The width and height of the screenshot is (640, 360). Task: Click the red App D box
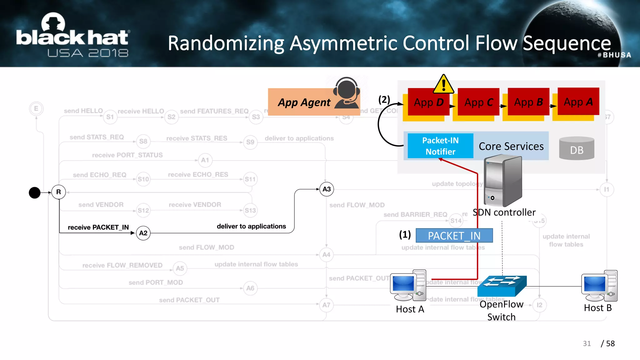tap(428, 102)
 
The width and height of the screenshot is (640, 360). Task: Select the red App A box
tap(578, 102)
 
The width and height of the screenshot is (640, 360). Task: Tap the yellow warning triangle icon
tap(443, 85)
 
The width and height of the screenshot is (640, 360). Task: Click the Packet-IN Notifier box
tap(440, 146)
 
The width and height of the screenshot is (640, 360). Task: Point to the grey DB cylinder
tap(577, 148)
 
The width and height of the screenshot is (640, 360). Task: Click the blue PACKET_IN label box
tap(454, 236)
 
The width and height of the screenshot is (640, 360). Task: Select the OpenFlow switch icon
tap(502, 286)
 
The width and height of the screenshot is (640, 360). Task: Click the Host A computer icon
tap(408, 285)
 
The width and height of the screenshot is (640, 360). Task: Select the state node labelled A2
tap(143, 233)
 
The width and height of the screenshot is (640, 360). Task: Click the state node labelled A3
tap(327, 189)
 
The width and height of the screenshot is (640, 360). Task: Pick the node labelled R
tap(58, 192)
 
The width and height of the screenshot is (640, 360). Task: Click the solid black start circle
tap(35, 192)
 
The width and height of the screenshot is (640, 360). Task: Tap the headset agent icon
tap(346, 93)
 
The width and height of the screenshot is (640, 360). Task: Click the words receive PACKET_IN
tap(98, 227)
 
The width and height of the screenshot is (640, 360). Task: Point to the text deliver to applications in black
tap(251, 226)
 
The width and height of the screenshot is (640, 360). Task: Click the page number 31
tap(587, 343)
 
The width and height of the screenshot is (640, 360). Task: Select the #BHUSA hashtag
tap(614, 55)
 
